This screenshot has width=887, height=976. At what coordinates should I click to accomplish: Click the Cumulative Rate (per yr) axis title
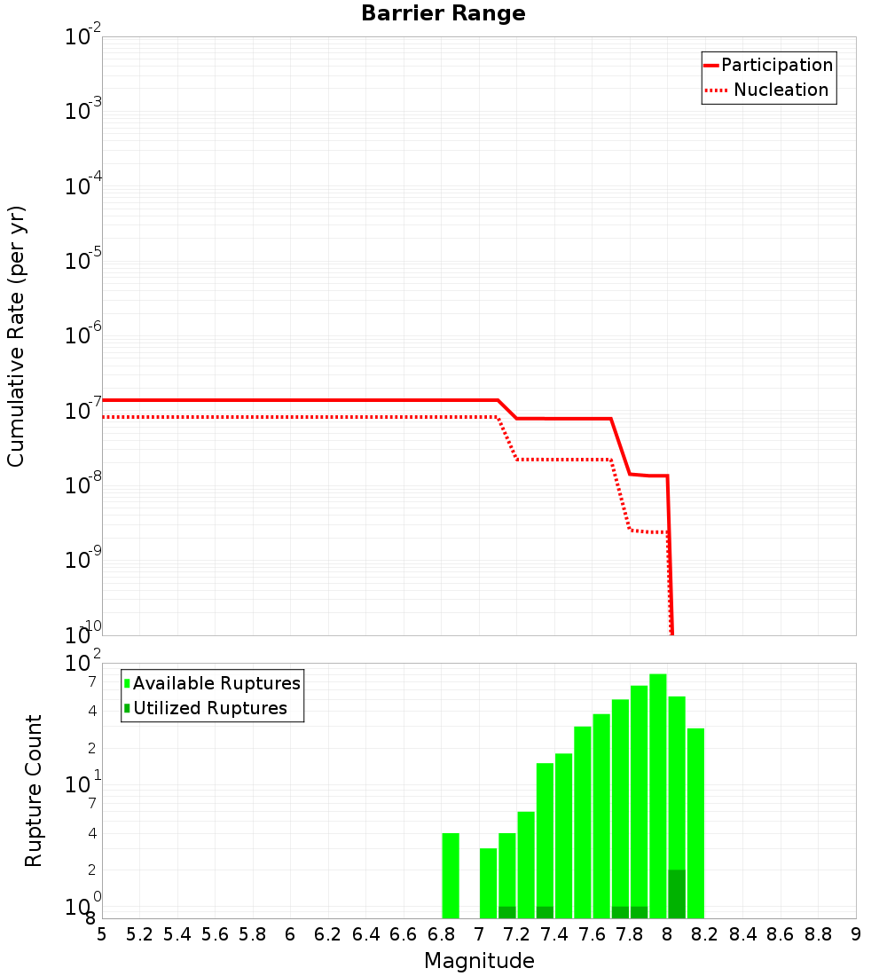point(17,336)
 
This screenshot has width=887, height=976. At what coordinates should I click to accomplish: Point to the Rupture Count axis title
point(34,791)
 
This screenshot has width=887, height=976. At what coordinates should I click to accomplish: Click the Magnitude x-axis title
point(479,961)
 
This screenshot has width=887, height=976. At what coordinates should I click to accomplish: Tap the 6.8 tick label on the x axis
point(441,934)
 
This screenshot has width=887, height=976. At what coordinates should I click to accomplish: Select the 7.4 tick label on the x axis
point(554,934)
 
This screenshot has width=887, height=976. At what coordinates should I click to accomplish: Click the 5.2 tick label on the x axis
point(139,934)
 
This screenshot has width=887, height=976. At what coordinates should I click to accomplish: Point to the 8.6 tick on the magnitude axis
point(781,934)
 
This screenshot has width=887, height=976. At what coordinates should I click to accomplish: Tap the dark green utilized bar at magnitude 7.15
point(507,912)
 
